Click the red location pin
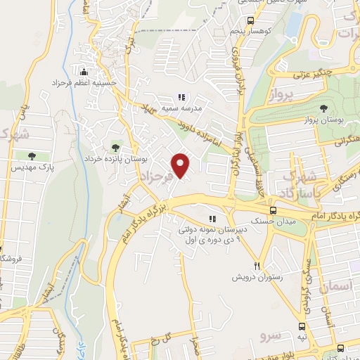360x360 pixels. coord(181,164)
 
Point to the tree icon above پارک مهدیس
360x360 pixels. coord(31,155)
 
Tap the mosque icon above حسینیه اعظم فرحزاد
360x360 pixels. coord(84,72)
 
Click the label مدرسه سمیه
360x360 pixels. coord(182,108)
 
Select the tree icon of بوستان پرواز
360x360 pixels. coord(323,108)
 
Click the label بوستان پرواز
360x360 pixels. coord(324,121)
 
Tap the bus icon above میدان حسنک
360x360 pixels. coord(273,210)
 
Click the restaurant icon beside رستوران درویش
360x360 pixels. coord(257,266)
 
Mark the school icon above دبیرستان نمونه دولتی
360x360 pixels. coord(212,218)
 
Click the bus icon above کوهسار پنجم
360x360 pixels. coord(251,22)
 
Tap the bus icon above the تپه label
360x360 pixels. coord(302,327)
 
